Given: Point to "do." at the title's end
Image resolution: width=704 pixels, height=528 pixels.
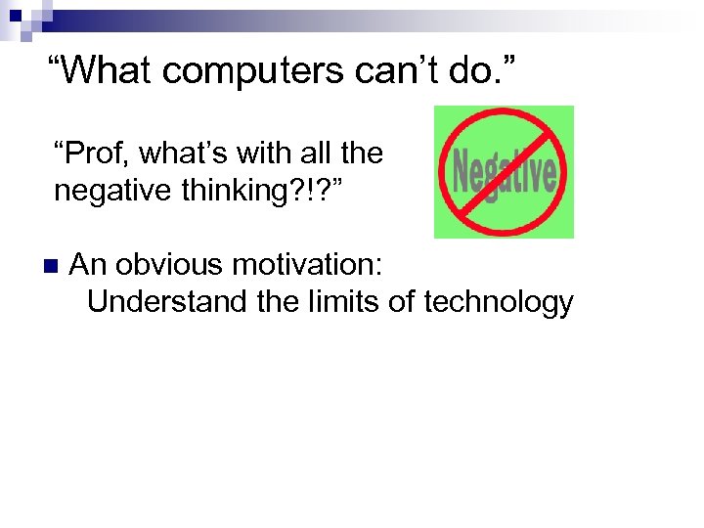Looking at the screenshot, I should click(468, 69).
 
